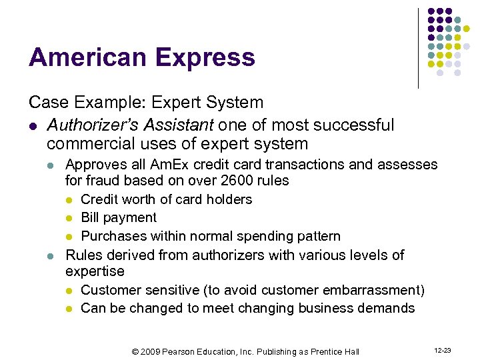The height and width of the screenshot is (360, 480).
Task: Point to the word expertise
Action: click(x=95, y=271)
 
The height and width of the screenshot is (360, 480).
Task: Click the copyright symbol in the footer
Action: click(x=135, y=351)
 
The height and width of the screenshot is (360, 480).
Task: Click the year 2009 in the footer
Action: click(x=151, y=351)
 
